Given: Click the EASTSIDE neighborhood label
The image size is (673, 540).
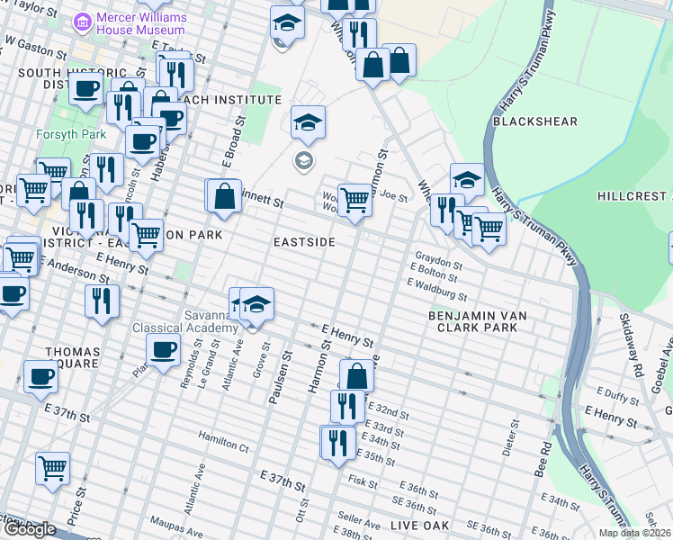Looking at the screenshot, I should click(305, 243).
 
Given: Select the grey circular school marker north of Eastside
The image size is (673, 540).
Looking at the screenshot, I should click(303, 161).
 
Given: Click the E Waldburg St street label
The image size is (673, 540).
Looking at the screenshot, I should click(437, 289).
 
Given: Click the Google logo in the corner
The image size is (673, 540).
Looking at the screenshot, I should click(29, 528).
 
